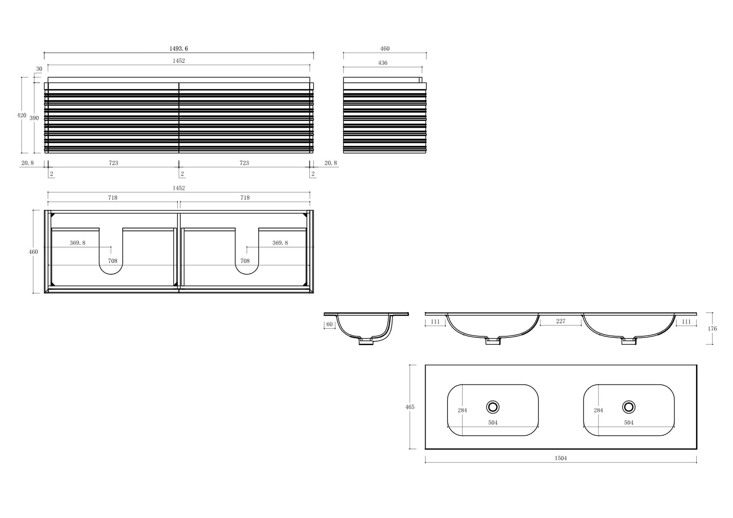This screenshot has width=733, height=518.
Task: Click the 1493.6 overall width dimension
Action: coord(179,48)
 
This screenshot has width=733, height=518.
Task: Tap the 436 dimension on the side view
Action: coord(383,63)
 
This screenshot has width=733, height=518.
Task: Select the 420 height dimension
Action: coord(22,115)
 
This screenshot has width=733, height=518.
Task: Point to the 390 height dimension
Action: coord(34,118)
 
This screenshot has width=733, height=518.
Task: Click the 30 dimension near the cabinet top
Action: coord(39,69)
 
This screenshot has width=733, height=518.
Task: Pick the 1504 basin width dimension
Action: coord(560,458)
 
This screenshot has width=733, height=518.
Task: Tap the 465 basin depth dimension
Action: coord(410,407)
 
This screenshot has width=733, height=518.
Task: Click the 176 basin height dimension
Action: coord(712,329)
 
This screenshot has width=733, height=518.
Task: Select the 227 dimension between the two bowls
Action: coord(560,321)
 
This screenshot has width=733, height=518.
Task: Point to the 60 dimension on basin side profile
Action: coord(329,324)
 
